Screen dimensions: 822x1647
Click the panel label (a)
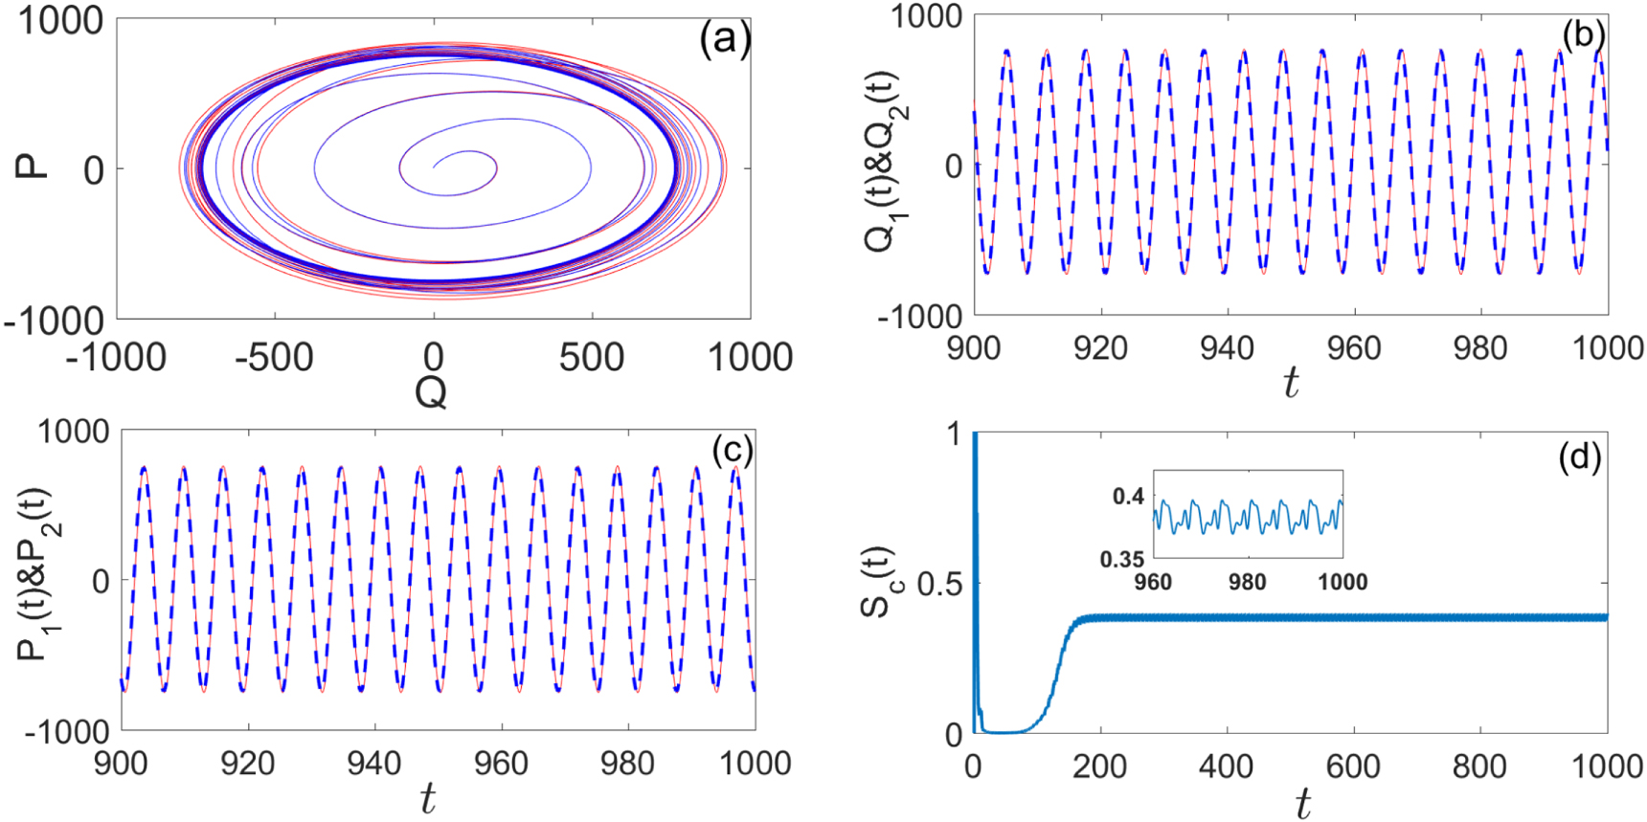click(x=725, y=40)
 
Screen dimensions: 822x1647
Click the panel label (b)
click(x=1583, y=34)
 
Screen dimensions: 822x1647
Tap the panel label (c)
click(x=733, y=450)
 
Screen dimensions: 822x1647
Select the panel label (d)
click(x=1580, y=457)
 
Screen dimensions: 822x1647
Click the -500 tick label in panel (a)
click(x=274, y=357)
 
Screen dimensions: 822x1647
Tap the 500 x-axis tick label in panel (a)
click(x=592, y=357)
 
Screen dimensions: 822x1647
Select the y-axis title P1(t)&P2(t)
click(x=36, y=574)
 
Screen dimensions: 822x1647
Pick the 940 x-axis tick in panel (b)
click(x=1227, y=347)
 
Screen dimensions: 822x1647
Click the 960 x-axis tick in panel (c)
click(x=501, y=763)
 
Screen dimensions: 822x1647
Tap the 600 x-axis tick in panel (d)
click(x=1353, y=766)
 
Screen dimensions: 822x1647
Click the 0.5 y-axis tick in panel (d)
click(x=939, y=583)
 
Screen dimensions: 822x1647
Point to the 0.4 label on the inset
click(x=1128, y=496)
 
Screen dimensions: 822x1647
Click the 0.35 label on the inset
click(x=1121, y=559)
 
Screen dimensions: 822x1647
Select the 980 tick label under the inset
click(x=1247, y=582)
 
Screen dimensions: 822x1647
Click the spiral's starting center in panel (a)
click(x=435, y=167)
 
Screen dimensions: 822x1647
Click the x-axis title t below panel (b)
click(x=1291, y=383)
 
